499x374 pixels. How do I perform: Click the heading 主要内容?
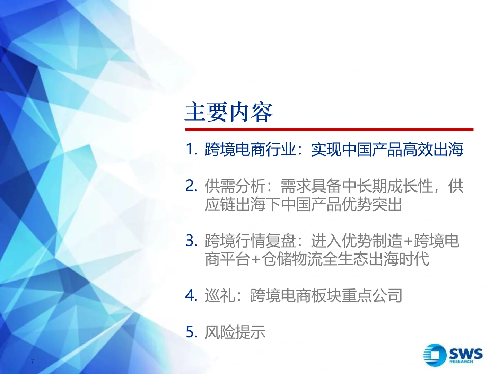(229, 112)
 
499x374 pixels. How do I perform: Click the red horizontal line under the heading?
(329, 130)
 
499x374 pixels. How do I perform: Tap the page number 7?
(33, 362)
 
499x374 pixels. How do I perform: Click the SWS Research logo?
(453, 355)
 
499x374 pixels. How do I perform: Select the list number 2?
(191, 186)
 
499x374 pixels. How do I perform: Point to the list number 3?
(191, 241)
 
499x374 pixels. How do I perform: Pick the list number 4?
(191, 295)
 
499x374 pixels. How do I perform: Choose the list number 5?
(191, 332)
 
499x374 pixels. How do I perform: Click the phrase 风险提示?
(235, 332)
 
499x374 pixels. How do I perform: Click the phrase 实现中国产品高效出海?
(387, 149)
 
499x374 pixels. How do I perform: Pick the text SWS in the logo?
(465, 353)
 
